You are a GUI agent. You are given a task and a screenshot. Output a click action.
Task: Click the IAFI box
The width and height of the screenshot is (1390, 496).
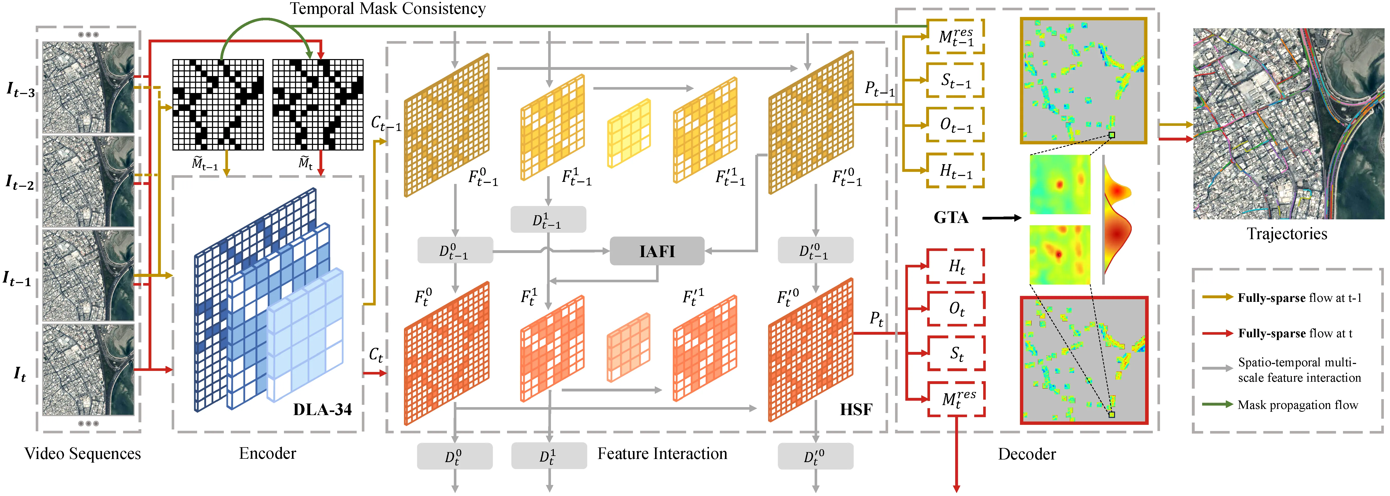pos(657,251)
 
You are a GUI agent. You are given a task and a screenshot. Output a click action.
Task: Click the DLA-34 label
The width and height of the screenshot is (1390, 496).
pos(322,410)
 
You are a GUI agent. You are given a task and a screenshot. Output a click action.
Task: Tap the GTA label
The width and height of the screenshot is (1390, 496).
pos(951,218)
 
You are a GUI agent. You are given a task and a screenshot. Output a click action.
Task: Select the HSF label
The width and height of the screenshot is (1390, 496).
pos(856,410)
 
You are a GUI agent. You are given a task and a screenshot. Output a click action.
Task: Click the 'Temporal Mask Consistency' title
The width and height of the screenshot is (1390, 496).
pos(388,9)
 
